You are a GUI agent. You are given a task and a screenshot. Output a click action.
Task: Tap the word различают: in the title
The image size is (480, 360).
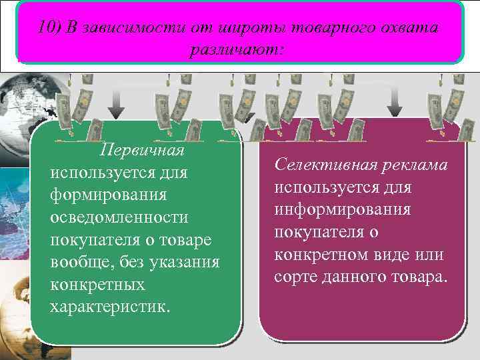237,50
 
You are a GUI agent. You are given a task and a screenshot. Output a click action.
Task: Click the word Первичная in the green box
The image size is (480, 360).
141,149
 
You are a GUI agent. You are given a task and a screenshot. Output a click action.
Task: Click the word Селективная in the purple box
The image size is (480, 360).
323,164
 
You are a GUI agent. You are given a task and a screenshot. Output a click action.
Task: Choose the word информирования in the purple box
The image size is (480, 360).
343,209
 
